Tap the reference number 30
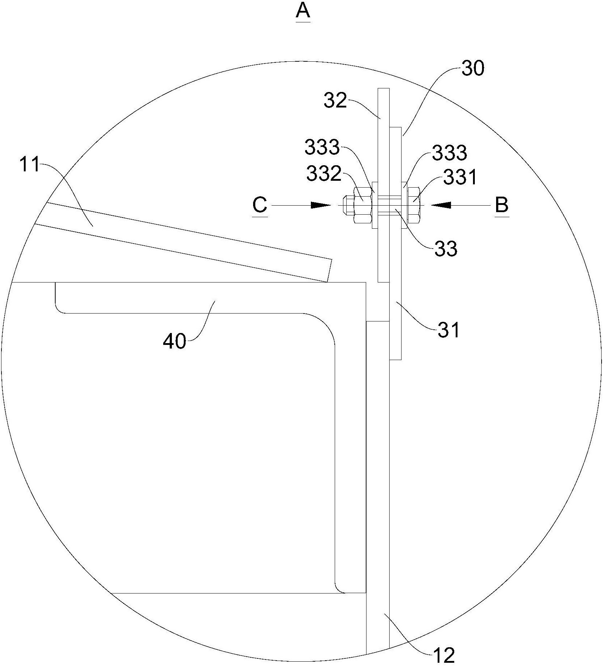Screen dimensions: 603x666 click(473, 69)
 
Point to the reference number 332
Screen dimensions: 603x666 click(324, 174)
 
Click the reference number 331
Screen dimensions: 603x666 click(460, 177)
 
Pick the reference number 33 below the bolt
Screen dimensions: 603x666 click(446, 248)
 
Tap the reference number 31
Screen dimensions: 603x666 click(448, 329)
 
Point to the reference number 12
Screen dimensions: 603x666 click(444, 655)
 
